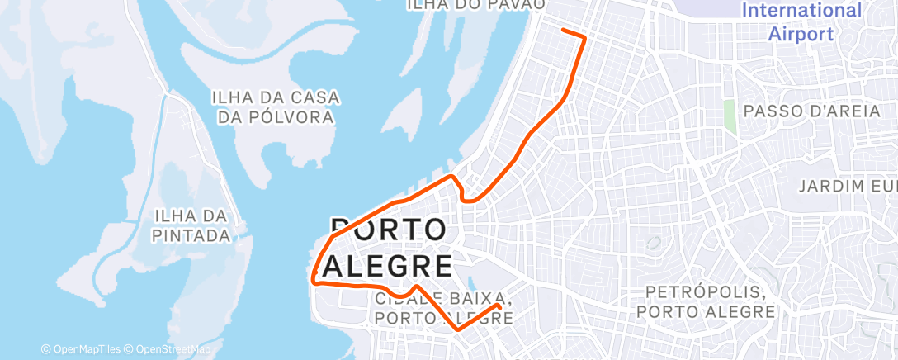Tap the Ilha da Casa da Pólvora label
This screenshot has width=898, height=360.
276,107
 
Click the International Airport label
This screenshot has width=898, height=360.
801,22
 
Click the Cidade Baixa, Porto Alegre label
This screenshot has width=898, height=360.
444,307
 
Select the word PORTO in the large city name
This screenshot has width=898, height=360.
389,230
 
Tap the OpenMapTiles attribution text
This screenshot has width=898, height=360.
82,350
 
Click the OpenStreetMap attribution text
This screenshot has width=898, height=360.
173,350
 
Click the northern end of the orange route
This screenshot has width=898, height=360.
563,30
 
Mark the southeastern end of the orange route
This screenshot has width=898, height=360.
499,306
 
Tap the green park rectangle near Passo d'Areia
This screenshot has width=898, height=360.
729,116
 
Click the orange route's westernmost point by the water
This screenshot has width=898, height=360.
314,275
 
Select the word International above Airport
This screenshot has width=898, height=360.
801,11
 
